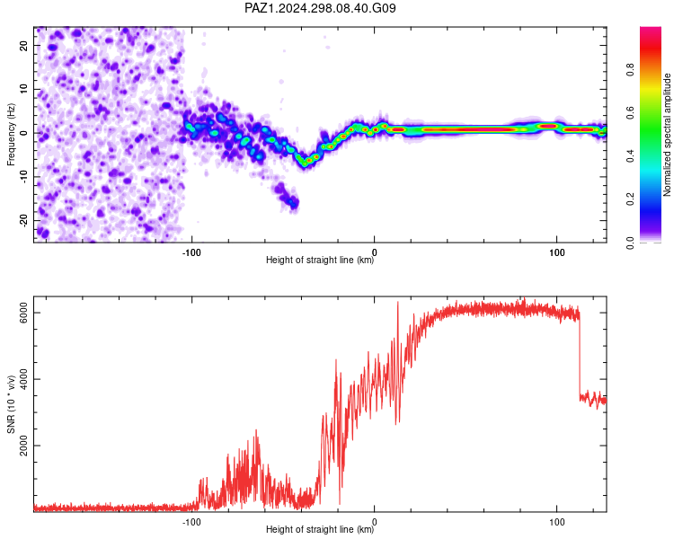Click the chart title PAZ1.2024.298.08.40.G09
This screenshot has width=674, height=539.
(320, 8)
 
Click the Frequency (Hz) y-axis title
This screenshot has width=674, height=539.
(11, 135)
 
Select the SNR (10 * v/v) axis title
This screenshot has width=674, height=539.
(11, 404)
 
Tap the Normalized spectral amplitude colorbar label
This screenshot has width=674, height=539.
(667, 135)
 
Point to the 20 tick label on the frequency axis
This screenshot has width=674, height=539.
(23, 45)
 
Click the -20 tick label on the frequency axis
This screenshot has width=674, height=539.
(23, 221)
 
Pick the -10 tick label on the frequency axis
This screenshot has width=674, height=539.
(23, 177)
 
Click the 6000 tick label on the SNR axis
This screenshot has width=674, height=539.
(23, 313)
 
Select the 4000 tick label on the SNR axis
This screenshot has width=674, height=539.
(23, 379)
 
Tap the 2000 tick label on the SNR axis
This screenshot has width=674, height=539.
(23, 446)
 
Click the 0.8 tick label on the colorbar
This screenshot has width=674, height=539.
(630, 69)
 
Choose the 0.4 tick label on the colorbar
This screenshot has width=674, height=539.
(630, 156)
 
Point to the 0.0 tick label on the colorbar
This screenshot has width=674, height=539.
(630, 243)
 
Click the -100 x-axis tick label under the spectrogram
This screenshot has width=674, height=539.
(191, 252)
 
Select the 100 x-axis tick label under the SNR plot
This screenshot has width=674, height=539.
(556, 522)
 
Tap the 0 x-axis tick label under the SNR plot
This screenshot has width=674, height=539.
(374, 522)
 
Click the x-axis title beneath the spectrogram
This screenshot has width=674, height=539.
(320, 260)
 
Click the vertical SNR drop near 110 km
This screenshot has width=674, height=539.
(580, 355)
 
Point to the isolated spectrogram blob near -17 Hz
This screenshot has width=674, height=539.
(288, 196)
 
